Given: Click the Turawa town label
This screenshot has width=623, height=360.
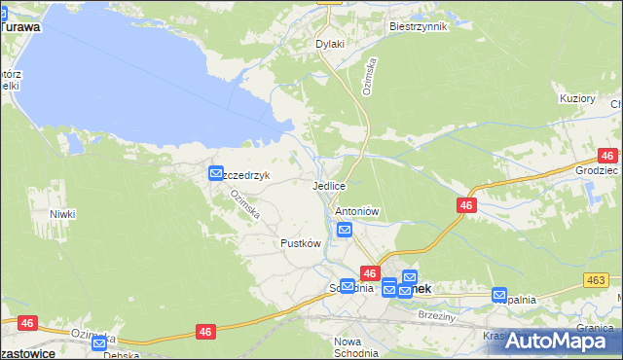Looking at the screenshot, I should [x=19, y=27].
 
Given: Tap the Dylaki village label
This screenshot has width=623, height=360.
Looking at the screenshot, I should [x=330, y=44].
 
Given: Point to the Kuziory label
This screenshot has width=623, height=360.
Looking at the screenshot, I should [x=576, y=98].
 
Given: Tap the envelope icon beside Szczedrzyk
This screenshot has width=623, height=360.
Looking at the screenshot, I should [x=215, y=174].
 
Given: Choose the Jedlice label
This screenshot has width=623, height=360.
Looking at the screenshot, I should [x=329, y=185].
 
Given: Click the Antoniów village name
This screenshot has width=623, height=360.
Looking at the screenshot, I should [x=356, y=211].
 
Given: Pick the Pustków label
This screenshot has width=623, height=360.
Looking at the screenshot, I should [x=300, y=243].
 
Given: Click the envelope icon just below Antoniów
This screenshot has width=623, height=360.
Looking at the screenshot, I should [x=344, y=230].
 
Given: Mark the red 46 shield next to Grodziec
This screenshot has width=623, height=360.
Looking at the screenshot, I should [x=608, y=156].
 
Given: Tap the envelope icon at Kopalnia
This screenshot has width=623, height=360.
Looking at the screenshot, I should [x=499, y=295].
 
